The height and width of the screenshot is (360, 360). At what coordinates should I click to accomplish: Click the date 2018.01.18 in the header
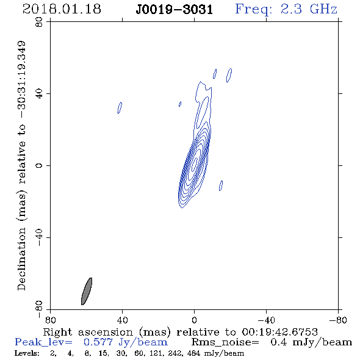[62, 9]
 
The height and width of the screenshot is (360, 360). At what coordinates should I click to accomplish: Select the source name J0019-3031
[175, 10]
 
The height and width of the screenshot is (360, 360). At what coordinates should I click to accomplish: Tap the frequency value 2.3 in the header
[291, 9]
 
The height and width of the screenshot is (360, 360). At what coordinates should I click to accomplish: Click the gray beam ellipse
[87, 291]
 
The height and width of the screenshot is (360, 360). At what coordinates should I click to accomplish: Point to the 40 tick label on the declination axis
[39, 94]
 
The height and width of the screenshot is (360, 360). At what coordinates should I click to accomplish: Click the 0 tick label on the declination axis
[39, 165]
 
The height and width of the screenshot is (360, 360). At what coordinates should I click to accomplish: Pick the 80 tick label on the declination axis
[39, 22]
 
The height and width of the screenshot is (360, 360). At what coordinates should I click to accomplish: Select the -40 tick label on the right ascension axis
[266, 320]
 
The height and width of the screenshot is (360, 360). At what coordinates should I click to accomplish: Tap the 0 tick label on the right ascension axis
[194, 320]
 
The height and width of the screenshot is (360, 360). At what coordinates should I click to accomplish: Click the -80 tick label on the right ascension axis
[338, 320]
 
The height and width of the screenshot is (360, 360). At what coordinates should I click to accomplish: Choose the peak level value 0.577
[98, 342]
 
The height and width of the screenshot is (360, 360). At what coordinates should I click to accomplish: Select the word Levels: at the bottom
[27, 353]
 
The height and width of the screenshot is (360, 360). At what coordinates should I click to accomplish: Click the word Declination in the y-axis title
[21, 259]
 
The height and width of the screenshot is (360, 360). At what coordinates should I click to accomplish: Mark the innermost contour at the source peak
[195, 164]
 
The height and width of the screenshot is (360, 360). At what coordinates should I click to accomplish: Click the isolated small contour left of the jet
[120, 108]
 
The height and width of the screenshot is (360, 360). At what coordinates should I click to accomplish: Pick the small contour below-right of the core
[221, 185]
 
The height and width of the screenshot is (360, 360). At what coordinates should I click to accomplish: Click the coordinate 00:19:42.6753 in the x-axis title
[280, 332]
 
